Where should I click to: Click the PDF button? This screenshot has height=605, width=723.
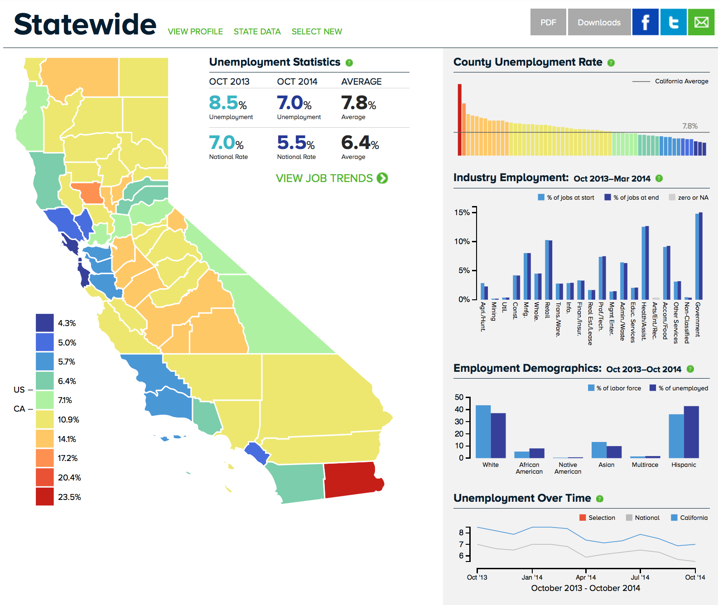tap(548, 22)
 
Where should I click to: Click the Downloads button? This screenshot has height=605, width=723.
tap(599, 22)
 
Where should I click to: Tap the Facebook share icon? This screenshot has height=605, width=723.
tap(645, 22)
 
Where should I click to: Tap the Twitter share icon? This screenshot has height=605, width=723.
tap(673, 22)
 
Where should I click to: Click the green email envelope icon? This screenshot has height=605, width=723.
tap(701, 22)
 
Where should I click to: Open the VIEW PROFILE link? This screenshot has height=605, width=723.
tap(195, 32)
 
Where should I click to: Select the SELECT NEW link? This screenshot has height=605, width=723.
tap(317, 32)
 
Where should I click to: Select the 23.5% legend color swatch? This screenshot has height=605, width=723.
tap(45, 497)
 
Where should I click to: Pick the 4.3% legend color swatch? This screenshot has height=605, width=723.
tap(45, 323)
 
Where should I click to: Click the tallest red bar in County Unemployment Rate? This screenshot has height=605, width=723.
tap(459, 120)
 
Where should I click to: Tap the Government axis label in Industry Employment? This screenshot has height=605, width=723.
tap(698, 319)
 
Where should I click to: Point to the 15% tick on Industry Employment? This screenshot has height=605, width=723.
tap(462, 212)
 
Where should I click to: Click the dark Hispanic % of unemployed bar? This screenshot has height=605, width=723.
tap(691, 432)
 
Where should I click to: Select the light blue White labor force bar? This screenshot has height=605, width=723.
tap(483, 432)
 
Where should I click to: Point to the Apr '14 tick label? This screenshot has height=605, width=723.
tap(586, 577)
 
